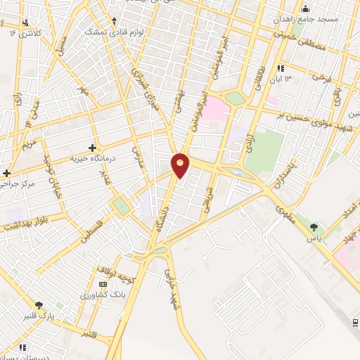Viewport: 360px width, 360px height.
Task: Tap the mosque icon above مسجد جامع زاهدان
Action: point(305,8)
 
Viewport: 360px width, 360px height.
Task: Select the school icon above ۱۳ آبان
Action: point(281,68)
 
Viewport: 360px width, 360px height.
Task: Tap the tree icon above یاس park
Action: point(314,226)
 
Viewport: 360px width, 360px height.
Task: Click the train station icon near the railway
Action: point(353,321)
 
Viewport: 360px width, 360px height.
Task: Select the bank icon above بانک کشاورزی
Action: point(104,285)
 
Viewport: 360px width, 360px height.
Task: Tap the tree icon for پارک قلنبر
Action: point(39,305)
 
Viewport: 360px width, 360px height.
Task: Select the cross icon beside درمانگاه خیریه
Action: point(92,148)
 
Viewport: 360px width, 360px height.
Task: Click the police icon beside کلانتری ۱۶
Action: point(26,22)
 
